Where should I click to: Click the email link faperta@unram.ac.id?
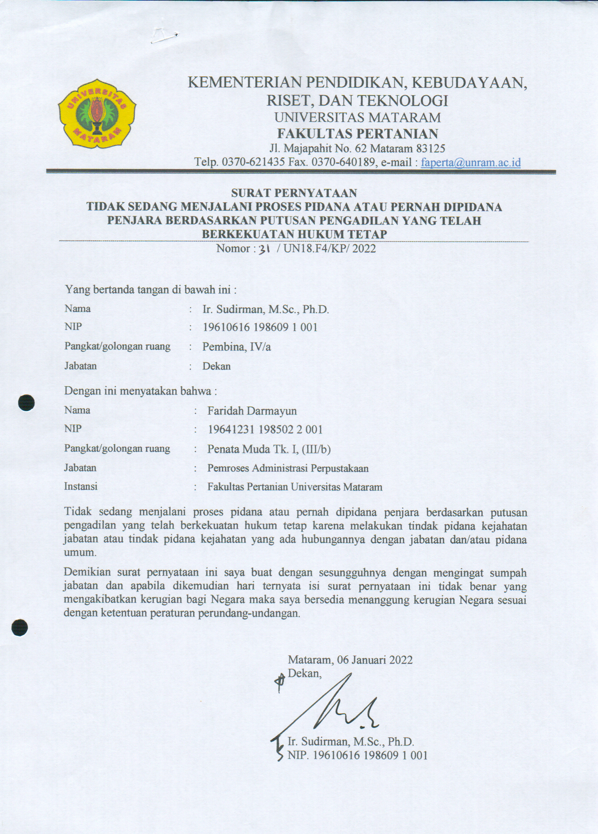pos(470,162)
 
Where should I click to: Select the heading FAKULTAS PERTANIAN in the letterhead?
pos(357,133)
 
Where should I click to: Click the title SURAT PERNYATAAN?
pos(294,193)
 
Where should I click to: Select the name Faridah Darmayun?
pos(252,410)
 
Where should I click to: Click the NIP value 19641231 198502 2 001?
pos(265,429)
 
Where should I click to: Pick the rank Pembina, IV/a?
pos(237,347)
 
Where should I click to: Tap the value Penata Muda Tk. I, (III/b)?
pos(269,449)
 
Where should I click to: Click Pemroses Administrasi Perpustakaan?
pos(288,468)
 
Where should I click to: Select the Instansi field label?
pos(81,487)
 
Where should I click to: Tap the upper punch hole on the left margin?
pos(27,402)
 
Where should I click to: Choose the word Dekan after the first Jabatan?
pos(216,366)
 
